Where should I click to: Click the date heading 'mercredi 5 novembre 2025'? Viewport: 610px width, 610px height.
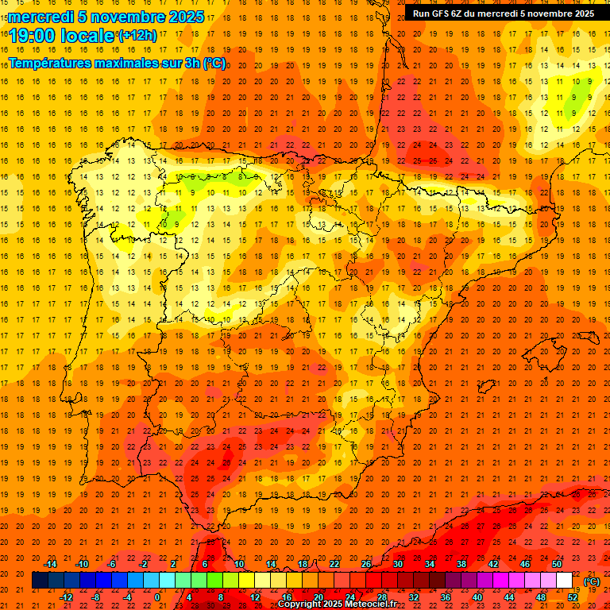[106, 17]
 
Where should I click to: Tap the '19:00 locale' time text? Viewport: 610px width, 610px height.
[62, 36]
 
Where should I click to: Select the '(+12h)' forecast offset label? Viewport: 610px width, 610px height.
[137, 36]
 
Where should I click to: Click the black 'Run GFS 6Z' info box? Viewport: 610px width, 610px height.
[503, 13]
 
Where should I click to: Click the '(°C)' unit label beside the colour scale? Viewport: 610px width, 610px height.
[592, 581]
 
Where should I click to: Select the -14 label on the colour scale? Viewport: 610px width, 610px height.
[50, 564]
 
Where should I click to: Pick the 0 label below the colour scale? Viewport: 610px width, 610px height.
[157, 597]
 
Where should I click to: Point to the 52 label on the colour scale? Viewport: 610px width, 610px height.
[573, 597]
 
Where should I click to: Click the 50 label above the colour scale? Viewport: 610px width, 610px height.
[557, 564]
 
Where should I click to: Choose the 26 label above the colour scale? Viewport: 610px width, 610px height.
[366, 564]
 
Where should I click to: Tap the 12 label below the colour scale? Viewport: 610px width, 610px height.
[254, 597]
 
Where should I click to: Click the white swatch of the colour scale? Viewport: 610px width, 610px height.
[565, 581]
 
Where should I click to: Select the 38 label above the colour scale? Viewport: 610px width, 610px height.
[461, 564]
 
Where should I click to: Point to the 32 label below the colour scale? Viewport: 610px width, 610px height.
[414, 597]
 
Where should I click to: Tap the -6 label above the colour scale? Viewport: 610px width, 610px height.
[112, 564]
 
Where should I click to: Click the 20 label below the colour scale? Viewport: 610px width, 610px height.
[318, 597]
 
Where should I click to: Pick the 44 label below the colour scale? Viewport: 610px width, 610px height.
[509, 597]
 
